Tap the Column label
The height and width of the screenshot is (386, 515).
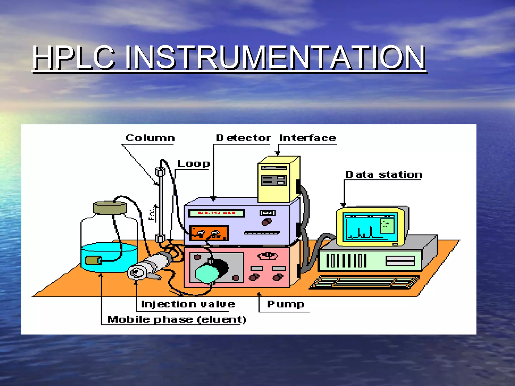tap(150, 138)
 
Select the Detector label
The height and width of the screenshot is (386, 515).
tap(243, 138)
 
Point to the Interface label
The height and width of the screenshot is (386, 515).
tap(308, 138)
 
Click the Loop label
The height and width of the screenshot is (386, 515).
tap(193, 164)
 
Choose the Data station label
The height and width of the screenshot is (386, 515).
tap(383, 175)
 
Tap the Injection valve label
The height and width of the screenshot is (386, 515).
tap(188, 304)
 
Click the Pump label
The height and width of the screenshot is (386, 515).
tap(285, 304)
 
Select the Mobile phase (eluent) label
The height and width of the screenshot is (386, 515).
tap(177, 320)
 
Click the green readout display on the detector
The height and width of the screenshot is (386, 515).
tap(216, 213)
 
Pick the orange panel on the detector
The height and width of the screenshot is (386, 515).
tap(209, 233)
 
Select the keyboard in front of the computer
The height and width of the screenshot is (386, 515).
tap(365, 282)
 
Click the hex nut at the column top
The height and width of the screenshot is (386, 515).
tap(160, 172)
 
